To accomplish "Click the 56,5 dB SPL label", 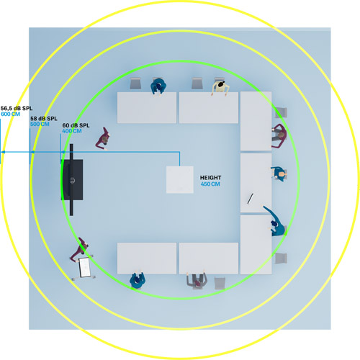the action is point(17,108).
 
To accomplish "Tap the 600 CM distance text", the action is point(11,114).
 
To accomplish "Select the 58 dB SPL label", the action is point(44,119).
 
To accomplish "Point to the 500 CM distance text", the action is point(40,124).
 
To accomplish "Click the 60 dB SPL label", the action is point(76,125).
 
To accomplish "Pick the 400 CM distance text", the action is point(72,131).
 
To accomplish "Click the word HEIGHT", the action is point(211,178).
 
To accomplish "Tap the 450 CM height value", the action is point(210,184).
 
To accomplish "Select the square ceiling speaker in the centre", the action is point(180,180).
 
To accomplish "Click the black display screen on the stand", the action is point(72,179).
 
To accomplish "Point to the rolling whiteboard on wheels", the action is point(84,267).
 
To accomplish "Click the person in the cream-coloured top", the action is point(220,88).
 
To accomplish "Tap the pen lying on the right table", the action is point(251,199).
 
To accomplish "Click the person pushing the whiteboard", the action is point(79,250).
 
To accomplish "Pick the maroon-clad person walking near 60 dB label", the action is point(103,139).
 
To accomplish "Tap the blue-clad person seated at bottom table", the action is point(138,279).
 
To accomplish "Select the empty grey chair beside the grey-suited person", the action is point(220,283).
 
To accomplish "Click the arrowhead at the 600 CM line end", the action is point(3,152).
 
